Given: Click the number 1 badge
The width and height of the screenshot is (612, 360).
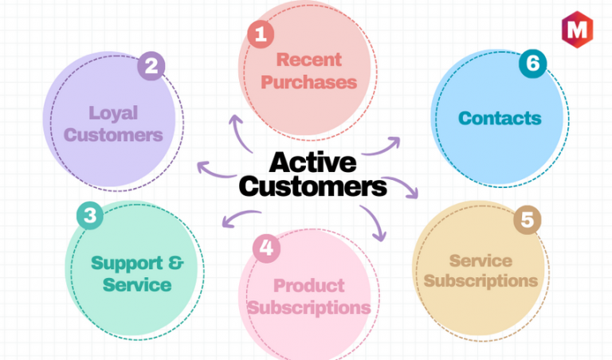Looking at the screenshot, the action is [x=261, y=34].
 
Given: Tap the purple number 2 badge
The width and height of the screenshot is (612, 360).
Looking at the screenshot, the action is [x=151, y=65].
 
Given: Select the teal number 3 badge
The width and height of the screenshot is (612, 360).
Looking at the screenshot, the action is [x=90, y=215].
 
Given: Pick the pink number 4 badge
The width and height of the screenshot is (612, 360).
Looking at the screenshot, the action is [x=267, y=248].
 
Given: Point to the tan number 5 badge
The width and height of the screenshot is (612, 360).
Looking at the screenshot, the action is [x=528, y=220].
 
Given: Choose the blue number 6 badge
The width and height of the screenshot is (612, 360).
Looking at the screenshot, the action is [x=533, y=63].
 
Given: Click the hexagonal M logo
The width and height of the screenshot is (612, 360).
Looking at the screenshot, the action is [x=577, y=29].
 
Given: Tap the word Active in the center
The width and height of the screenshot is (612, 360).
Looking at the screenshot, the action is [x=312, y=162].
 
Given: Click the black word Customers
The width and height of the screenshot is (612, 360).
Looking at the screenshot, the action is [x=312, y=186].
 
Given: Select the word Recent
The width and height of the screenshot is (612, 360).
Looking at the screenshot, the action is [x=308, y=60].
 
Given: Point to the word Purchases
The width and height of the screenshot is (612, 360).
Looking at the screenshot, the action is [x=308, y=82].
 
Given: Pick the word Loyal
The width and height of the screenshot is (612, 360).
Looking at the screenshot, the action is [x=113, y=113].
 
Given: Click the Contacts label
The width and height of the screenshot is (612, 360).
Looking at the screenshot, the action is [x=500, y=118].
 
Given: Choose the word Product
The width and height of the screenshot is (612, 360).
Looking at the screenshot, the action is [x=308, y=285].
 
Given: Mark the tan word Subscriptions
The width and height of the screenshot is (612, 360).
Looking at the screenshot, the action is [x=481, y=281].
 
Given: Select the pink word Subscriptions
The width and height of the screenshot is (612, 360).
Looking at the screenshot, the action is [x=308, y=308].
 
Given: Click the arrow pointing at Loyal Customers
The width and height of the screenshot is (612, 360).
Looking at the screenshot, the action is [x=216, y=170].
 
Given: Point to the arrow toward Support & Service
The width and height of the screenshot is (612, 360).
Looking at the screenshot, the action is [x=240, y=217].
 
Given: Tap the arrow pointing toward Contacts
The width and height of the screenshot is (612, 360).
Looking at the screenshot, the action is [x=382, y=147].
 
